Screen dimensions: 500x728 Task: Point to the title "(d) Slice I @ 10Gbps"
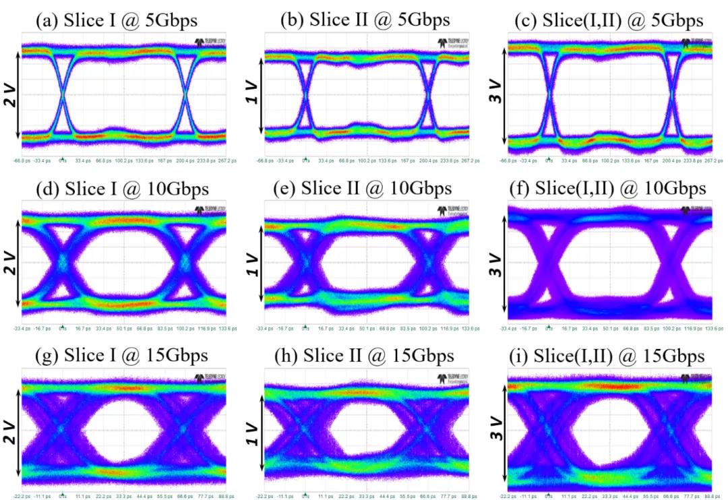121,189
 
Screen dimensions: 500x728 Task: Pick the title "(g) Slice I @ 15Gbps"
121,355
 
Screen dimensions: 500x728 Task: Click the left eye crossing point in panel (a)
63,95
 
